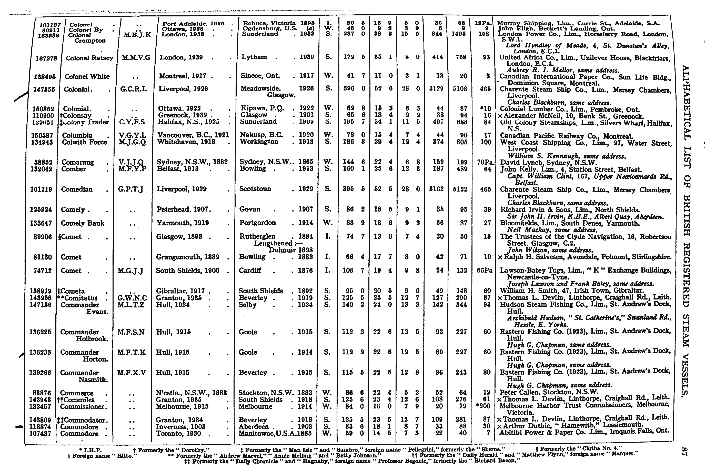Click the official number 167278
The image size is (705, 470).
tap(46, 58)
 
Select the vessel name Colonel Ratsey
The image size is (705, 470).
tap(89, 58)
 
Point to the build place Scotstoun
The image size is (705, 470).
tap(255, 189)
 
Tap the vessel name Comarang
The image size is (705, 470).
tap(78, 162)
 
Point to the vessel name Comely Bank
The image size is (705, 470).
tap(82, 223)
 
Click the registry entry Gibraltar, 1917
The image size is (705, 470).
tap(181, 291)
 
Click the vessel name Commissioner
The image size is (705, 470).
tap(82, 406)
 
